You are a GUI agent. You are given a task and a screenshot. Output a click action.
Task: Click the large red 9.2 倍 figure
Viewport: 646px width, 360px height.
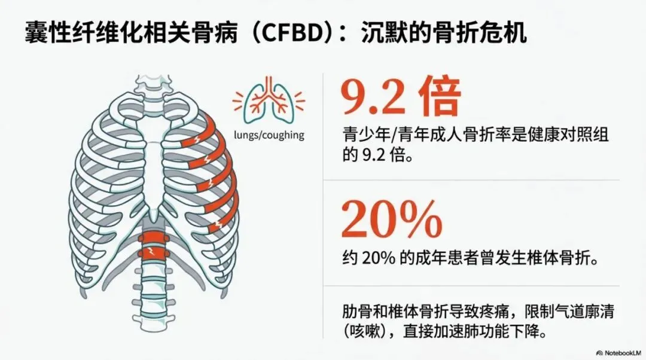[x=400, y=98]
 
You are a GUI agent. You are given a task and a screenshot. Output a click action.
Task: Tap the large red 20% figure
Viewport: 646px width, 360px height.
[x=392, y=220]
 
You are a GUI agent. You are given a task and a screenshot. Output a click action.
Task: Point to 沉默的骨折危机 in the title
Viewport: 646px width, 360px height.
[x=444, y=33]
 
